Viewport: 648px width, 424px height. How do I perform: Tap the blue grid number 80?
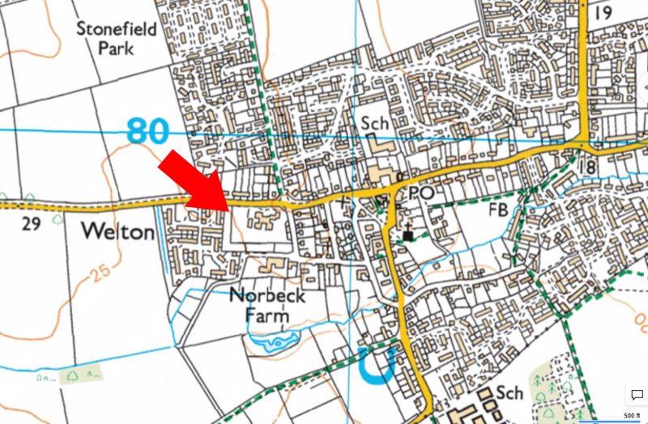147,129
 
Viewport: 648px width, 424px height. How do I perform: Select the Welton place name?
118,232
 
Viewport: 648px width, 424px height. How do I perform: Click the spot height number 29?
31,224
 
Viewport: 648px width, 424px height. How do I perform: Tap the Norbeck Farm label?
266,305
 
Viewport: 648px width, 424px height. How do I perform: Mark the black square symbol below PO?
407,235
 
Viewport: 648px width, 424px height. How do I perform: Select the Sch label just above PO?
375,123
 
